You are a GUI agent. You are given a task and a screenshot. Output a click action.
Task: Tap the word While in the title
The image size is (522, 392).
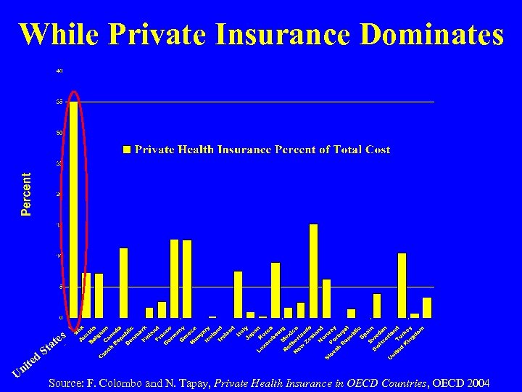point(59,34)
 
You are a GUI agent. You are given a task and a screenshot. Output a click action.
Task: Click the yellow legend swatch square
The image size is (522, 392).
point(127,150)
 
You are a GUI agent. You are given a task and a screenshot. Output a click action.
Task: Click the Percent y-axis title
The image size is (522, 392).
point(27,194)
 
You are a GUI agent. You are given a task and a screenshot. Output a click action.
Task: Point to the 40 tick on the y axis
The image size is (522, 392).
point(59,71)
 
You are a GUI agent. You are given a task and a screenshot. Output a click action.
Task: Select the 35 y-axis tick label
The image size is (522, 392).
point(59,102)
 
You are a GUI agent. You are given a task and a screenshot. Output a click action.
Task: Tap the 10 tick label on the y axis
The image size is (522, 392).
point(59,256)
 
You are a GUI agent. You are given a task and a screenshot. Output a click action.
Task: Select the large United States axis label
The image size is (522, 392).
point(41,355)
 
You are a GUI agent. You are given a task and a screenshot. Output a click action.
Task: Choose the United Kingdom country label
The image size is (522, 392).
point(406,340)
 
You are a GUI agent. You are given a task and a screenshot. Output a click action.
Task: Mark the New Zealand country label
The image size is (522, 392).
point(308,336)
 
